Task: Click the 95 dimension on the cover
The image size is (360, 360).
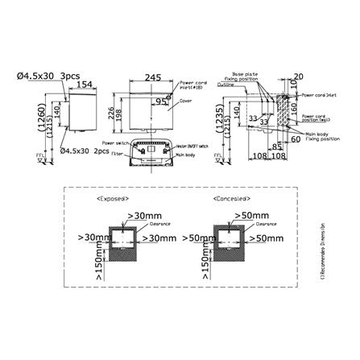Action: (163, 101)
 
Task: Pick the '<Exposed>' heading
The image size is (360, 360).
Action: (112, 196)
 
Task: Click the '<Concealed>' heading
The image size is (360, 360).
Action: (230, 196)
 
